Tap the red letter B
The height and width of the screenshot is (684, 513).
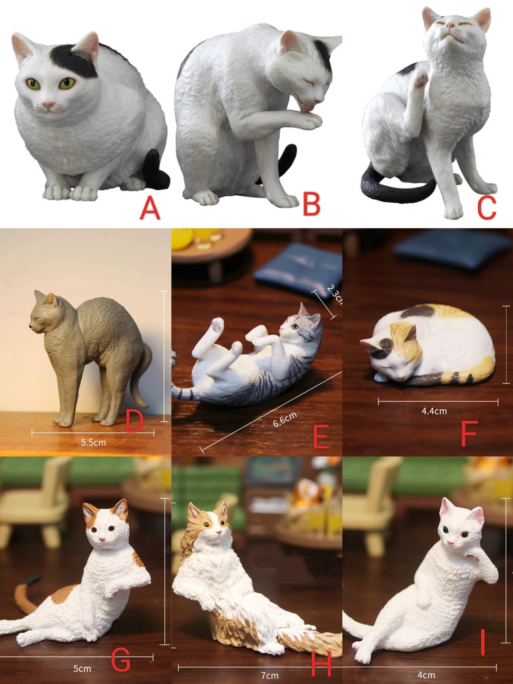click(311, 204)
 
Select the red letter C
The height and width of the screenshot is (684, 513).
click(486, 208)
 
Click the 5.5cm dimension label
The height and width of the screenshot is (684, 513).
click(93, 443)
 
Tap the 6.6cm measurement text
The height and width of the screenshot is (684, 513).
click(285, 419)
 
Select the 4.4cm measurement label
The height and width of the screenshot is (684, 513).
click(434, 411)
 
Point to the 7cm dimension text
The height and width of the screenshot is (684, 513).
click(270, 675)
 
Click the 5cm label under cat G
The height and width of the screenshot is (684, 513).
click(82, 669)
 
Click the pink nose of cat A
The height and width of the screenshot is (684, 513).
click(48, 104)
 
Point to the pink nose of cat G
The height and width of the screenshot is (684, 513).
click(102, 539)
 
